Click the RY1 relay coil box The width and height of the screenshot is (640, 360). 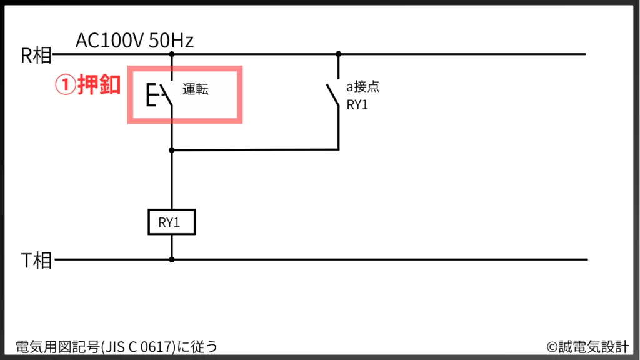[171, 222]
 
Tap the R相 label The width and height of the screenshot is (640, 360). [36, 56]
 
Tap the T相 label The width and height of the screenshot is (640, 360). [36, 261]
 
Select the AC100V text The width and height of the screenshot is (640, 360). [110, 41]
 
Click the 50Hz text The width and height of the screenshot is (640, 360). [171, 41]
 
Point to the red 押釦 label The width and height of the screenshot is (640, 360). [99, 86]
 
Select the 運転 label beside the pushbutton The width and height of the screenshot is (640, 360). [196, 89]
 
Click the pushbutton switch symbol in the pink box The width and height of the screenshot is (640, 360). [161, 95]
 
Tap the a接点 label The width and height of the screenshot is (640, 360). [363, 87]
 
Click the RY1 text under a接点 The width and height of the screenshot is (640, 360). [357, 104]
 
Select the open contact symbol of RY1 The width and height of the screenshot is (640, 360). [333, 97]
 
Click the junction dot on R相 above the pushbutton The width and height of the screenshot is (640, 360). [172, 54]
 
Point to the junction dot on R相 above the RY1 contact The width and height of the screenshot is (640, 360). [339, 54]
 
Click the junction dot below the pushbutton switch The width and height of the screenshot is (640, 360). [172, 150]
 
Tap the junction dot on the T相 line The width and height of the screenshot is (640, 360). [172, 259]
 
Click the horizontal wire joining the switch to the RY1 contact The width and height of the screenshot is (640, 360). [256, 150]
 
